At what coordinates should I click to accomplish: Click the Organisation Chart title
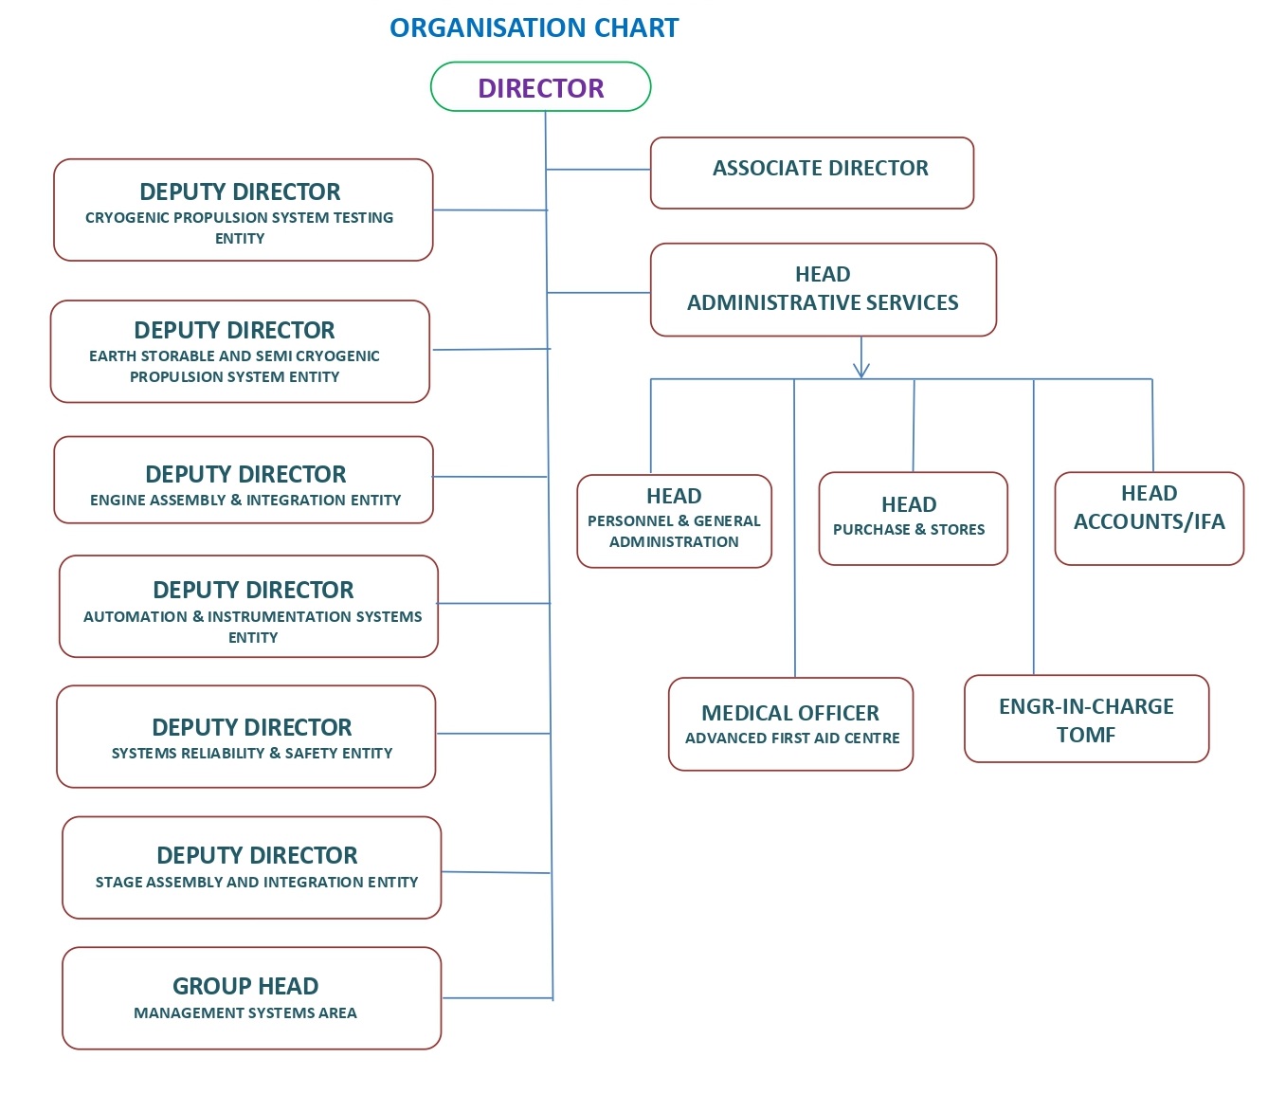coord(534,28)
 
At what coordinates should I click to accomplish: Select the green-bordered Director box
coord(540,87)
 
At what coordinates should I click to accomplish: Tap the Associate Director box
coord(811,173)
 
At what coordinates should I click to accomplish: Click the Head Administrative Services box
coord(823,289)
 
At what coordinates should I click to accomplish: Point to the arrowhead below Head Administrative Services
coord(861,370)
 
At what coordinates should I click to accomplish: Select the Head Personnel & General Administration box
coord(674,520)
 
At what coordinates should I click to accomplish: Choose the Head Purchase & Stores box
coord(913,518)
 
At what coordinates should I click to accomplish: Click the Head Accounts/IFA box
coord(1149,518)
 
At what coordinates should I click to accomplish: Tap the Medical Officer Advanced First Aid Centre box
coord(790,723)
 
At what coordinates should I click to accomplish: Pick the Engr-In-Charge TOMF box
coord(1086,719)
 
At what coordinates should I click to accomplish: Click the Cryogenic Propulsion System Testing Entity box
coord(243,210)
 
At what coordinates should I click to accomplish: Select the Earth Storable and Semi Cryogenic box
coord(240,351)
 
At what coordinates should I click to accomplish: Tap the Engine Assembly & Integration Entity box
coord(244,480)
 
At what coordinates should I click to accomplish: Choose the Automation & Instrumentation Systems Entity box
coord(248,606)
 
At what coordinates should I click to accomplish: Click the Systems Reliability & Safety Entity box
coord(245,736)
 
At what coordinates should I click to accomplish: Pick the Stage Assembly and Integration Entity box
coord(251,867)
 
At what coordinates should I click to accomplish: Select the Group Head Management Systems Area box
coord(251,997)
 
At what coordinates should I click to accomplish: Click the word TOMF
coord(1086,736)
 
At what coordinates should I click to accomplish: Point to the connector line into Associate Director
coord(598,170)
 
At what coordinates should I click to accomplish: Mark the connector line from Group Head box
coord(497,997)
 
